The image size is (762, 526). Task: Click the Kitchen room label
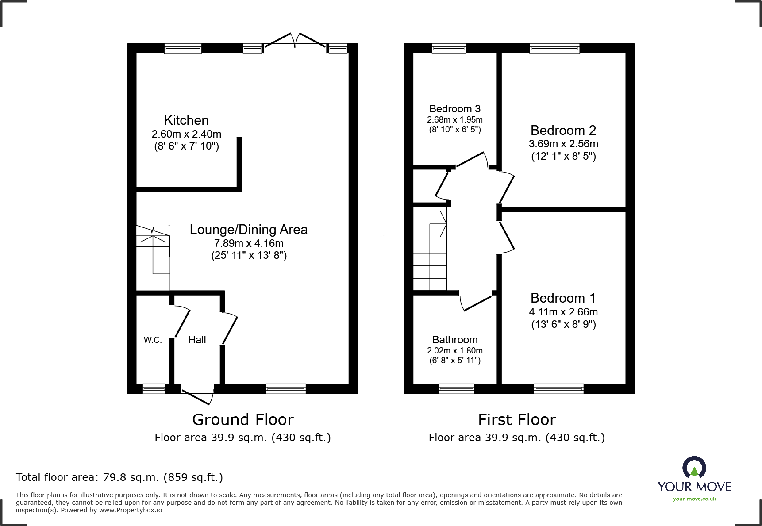186,120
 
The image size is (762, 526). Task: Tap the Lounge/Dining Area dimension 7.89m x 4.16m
249,243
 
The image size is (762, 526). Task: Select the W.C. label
153,340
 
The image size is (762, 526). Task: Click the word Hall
197,340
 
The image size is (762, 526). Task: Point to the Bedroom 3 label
454,109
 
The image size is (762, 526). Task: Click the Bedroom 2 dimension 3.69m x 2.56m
563,144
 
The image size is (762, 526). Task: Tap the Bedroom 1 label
563,298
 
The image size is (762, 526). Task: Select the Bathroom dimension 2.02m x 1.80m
454,350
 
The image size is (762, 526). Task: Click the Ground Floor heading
242,419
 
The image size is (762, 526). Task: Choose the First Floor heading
517,419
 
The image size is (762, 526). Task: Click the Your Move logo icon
694,468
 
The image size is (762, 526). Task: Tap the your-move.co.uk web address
694,499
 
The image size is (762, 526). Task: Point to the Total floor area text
119,477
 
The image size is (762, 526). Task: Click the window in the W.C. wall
154,389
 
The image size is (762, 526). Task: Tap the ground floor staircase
153,252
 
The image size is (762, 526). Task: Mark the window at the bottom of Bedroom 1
558,389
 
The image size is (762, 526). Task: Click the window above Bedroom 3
449,48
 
